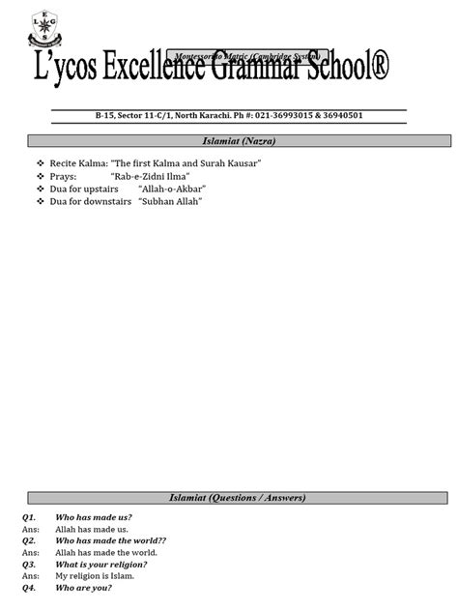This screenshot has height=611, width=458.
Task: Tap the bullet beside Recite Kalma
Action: coord(41,163)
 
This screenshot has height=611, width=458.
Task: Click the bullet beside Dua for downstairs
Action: coord(41,201)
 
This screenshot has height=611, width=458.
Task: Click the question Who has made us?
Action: coord(94,518)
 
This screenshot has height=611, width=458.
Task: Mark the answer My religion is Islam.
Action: coord(95,575)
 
